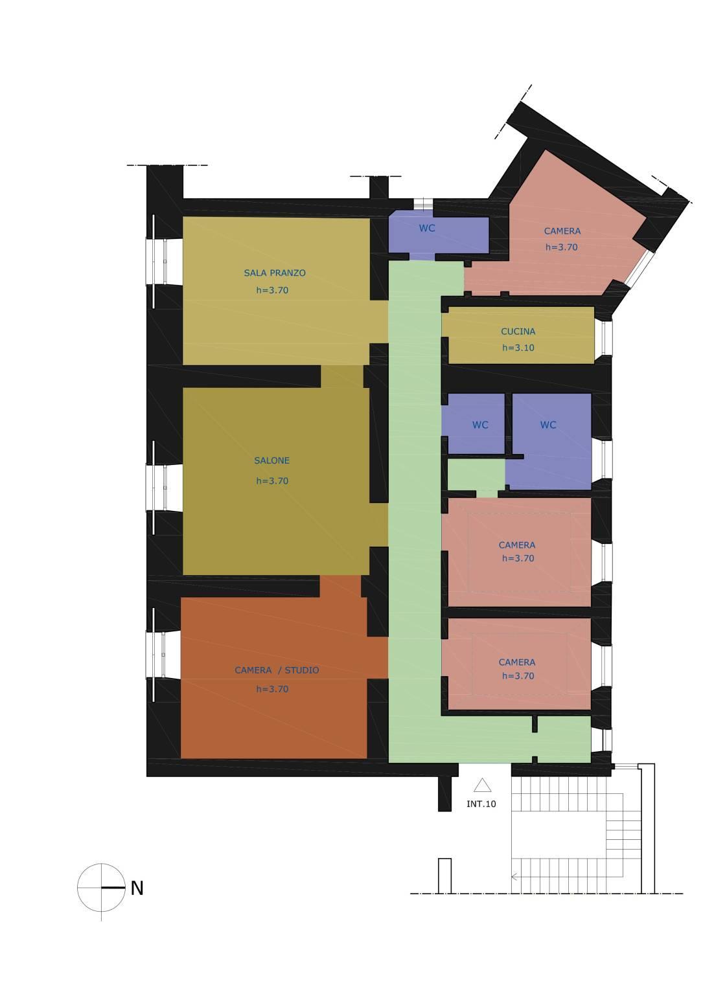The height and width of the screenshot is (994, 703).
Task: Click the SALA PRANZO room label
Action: (275, 273)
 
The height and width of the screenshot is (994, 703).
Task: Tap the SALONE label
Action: (271, 460)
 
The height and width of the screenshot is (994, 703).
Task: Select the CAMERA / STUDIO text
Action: (277, 670)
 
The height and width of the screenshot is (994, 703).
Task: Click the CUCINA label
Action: (518, 332)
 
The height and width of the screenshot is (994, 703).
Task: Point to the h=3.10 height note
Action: (518, 348)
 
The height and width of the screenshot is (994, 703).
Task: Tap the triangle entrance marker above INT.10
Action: (482, 785)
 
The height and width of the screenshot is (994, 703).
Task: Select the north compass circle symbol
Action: (101, 888)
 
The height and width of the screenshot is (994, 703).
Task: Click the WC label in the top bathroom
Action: (427, 228)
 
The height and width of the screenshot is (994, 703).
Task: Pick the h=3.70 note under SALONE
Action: (272, 481)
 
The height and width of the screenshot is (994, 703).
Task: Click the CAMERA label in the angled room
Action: (562, 231)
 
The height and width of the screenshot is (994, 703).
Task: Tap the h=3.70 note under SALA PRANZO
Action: (272, 290)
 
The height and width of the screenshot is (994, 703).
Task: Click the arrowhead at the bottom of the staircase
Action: (514, 877)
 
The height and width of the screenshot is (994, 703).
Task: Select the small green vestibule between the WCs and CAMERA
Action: (476, 475)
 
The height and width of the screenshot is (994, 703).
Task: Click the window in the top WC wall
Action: (423, 204)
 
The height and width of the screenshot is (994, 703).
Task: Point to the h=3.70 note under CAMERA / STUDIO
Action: (272, 689)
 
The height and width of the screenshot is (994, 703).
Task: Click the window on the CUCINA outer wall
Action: (606, 337)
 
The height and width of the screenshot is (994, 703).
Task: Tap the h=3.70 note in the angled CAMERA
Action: (562, 247)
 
